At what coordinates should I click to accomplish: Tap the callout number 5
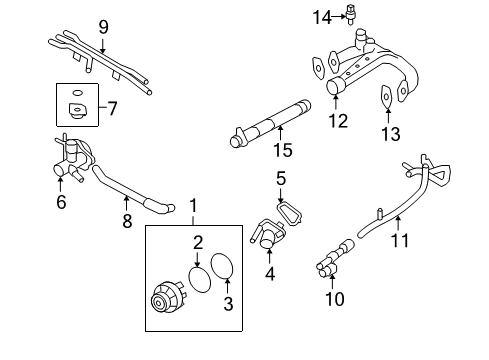tap(281, 179)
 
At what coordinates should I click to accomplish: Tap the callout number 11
tap(399, 240)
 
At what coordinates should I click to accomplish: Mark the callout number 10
tap(336, 297)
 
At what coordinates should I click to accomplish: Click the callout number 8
tap(127, 221)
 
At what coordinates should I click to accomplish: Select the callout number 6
tap(62, 201)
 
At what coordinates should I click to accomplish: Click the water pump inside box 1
tap(166, 297)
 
